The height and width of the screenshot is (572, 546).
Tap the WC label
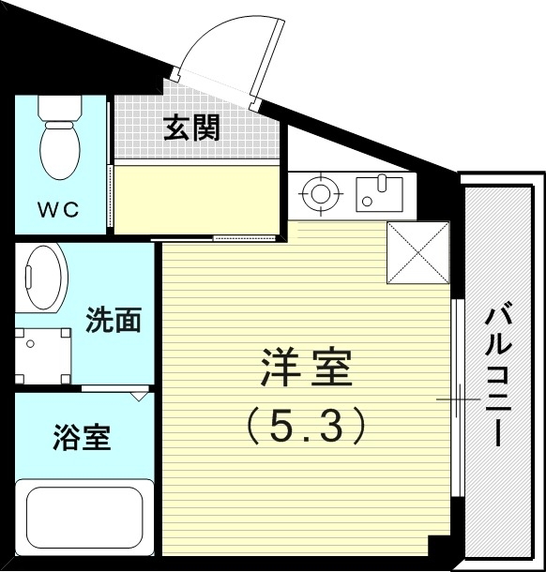pyautogui.click(x=59, y=208)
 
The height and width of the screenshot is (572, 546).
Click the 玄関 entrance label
pyautogui.click(x=192, y=128)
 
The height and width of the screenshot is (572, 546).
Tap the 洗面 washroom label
pyautogui.click(x=113, y=321)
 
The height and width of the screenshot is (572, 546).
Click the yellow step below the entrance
pyautogui.click(x=197, y=198)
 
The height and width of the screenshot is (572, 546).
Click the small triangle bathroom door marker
pyautogui.click(x=139, y=396)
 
